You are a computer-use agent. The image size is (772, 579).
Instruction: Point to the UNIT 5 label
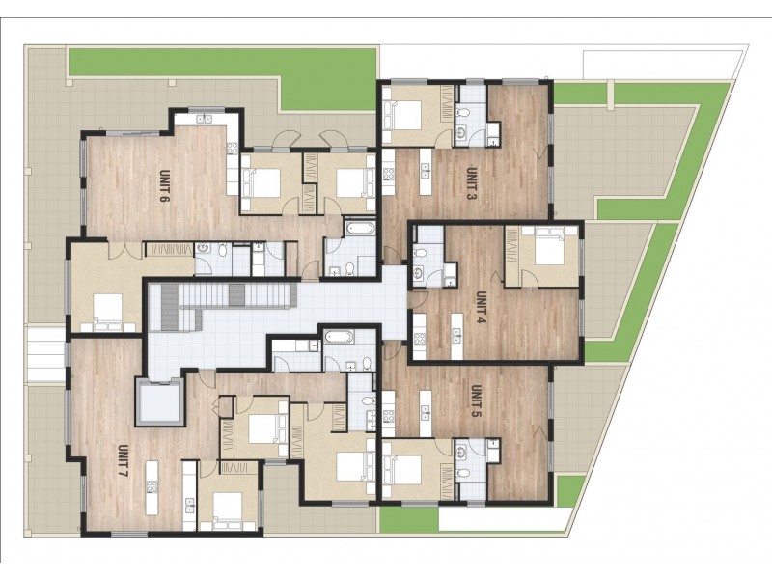476,398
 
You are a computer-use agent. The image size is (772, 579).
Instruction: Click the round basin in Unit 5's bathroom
462,451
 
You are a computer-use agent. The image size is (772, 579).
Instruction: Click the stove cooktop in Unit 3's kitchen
389,177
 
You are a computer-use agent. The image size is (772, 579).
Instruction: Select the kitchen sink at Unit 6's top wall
204,119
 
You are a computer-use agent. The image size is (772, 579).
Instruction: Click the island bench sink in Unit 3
425,175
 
